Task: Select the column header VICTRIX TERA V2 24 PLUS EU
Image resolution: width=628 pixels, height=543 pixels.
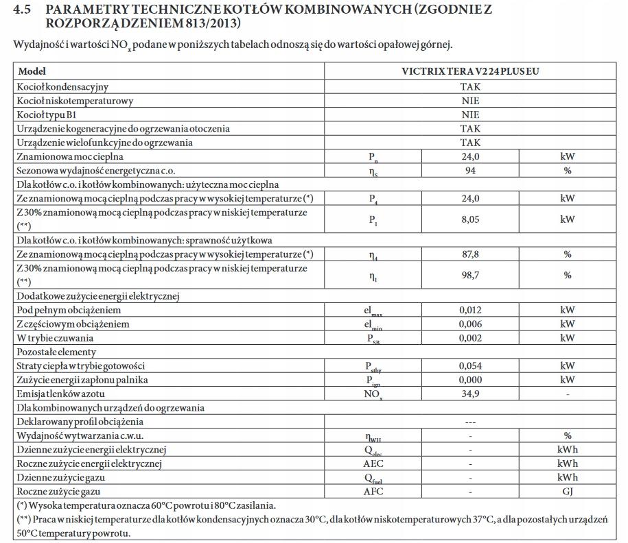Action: pos(470,71)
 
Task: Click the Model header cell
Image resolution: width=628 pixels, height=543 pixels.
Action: pos(32,71)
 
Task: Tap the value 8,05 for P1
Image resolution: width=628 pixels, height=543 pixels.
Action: pos(470,219)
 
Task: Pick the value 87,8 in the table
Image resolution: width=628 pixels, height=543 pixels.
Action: pos(470,254)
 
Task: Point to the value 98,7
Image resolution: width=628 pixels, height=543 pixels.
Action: pos(470,275)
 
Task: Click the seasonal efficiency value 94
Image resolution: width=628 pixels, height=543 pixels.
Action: pos(470,171)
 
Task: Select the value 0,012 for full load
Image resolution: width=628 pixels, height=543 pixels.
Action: pos(470,310)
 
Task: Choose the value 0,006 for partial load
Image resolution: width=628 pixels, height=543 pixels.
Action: pos(470,324)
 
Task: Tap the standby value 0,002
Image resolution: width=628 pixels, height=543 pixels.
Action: pos(470,338)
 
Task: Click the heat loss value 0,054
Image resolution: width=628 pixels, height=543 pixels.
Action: pos(470,366)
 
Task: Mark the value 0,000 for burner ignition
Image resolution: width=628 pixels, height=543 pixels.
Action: pos(470,380)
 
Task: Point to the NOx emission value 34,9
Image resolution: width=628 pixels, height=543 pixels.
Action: pos(470,394)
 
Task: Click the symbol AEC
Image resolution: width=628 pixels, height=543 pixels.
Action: pos(373,464)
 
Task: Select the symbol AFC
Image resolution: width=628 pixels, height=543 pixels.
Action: pos(373,492)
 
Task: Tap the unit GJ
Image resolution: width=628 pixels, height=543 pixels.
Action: pos(567,492)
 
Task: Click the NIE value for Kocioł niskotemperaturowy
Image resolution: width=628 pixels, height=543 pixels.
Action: pos(470,101)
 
